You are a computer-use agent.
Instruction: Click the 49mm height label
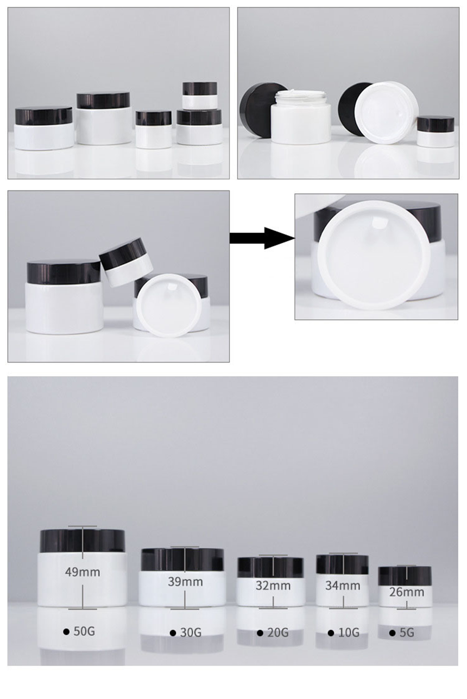pyautogui.click(x=83, y=572)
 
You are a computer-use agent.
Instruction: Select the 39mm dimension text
pyautogui.click(x=185, y=582)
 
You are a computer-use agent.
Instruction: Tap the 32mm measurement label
pyautogui.click(x=273, y=586)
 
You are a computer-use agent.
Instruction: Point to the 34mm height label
pyautogui.click(x=343, y=586)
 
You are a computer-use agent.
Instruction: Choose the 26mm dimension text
pyautogui.click(x=407, y=592)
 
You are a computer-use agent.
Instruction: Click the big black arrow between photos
pyautogui.click(x=262, y=238)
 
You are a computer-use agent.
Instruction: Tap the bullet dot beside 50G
pyautogui.click(x=66, y=632)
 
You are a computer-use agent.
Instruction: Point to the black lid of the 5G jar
pyautogui.click(x=405, y=575)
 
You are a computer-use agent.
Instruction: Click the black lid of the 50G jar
pyautogui.click(x=83, y=541)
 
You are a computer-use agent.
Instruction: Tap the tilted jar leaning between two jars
pyautogui.click(x=126, y=263)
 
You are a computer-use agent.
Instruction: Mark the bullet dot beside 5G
pyautogui.click(x=393, y=633)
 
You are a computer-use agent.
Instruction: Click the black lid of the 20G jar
pyautogui.click(x=270, y=568)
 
